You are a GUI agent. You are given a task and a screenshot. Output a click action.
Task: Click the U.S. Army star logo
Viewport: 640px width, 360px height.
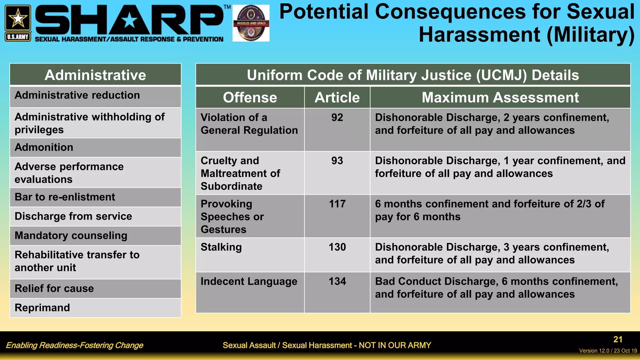[x=18, y=22]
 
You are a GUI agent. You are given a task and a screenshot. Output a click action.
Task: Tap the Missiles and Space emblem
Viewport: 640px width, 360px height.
[x=251, y=23]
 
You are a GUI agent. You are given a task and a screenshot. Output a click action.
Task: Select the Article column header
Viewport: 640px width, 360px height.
[x=337, y=97]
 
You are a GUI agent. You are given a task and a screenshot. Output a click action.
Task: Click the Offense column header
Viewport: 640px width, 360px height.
[x=250, y=97]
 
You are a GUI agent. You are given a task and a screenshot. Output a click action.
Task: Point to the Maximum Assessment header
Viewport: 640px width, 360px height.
[x=500, y=97]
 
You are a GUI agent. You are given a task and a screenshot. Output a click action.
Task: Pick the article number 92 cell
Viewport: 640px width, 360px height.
[x=337, y=117]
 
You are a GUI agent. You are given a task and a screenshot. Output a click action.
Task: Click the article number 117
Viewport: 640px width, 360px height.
[x=337, y=204]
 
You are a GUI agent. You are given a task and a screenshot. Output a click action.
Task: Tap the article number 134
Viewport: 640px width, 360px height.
[x=337, y=282]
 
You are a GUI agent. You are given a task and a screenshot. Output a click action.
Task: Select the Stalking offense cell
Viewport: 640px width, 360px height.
[x=221, y=247]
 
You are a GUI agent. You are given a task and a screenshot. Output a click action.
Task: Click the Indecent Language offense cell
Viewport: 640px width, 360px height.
[x=249, y=282]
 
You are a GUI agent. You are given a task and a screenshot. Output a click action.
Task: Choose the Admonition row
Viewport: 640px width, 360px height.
[x=44, y=147]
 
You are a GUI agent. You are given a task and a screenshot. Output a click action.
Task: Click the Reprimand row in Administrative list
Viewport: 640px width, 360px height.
[x=42, y=308]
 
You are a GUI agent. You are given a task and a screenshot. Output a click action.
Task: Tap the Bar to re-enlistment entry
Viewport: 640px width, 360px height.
[x=65, y=197]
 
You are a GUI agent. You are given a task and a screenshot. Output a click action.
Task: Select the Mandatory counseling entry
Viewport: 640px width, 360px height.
[x=71, y=236]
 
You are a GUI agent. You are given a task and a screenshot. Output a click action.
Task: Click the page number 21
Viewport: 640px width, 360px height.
[x=617, y=339]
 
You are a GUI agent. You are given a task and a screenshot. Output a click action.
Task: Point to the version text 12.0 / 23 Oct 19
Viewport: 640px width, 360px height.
[x=608, y=351]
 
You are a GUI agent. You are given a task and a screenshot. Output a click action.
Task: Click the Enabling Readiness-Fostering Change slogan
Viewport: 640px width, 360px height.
[x=74, y=345]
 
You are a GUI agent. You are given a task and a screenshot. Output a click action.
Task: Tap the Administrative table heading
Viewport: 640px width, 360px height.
[x=95, y=75]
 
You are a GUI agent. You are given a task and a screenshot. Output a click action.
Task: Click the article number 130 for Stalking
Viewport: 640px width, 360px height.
[x=337, y=247]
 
